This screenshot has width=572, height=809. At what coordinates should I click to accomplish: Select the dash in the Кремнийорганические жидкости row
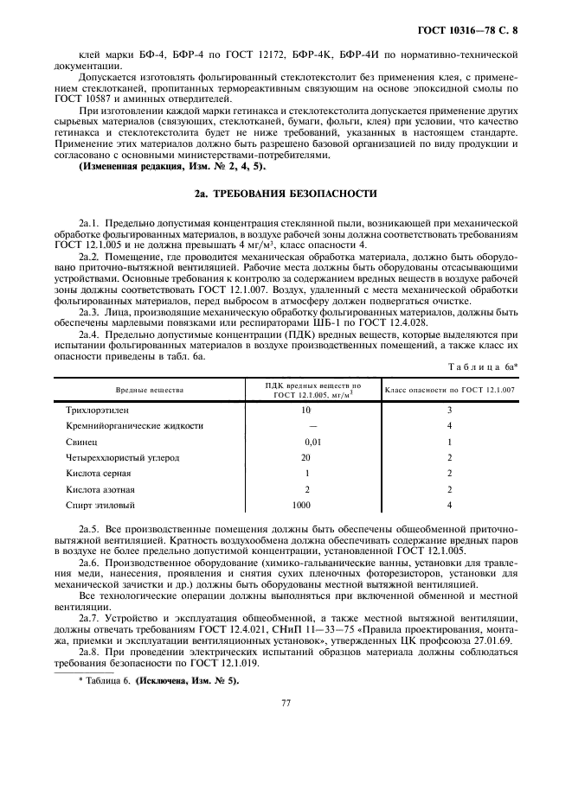click(x=306, y=426)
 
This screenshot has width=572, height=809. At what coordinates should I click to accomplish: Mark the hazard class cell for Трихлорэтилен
click(x=449, y=410)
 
